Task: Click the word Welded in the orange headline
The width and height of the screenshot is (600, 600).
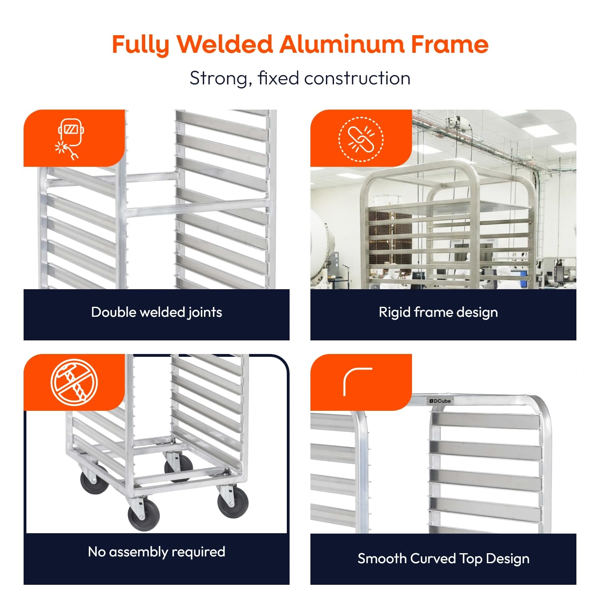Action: (x=225, y=44)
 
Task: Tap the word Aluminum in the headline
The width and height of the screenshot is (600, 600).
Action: (x=342, y=44)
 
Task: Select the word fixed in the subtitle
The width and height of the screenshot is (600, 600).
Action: (x=278, y=78)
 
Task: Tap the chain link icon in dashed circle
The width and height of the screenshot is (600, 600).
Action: (x=361, y=139)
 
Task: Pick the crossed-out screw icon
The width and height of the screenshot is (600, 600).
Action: (x=74, y=382)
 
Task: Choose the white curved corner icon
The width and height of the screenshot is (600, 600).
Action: (x=357, y=381)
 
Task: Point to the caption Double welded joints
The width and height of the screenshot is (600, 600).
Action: (x=156, y=312)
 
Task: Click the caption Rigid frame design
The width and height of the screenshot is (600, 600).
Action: (x=438, y=312)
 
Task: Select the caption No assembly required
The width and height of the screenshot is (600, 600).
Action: (x=156, y=552)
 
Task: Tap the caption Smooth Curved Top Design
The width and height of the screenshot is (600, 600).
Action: (x=443, y=558)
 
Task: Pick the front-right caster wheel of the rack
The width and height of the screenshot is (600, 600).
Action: (x=233, y=502)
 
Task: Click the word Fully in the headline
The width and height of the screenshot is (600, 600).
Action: (x=141, y=45)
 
